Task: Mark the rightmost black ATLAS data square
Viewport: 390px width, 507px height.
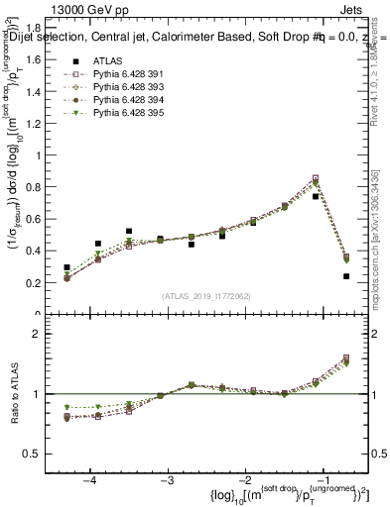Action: pos(346,276)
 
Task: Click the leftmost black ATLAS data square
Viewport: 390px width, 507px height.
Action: pos(66,267)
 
